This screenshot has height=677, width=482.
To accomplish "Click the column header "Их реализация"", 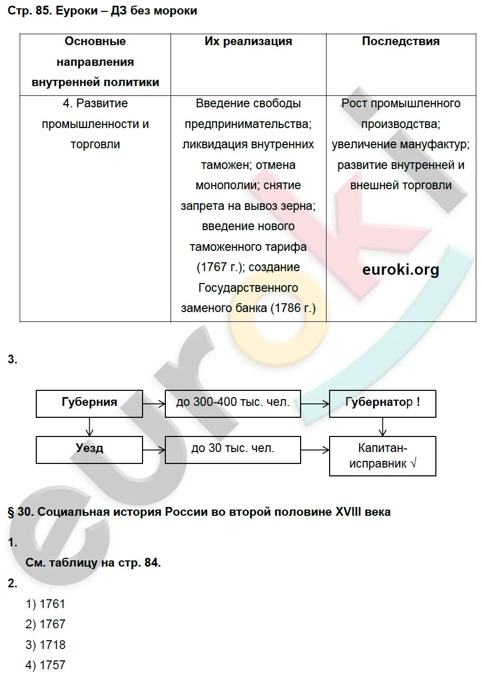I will [248, 41].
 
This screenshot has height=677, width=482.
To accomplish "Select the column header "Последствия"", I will [401, 41].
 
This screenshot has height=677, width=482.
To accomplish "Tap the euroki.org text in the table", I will [401, 270].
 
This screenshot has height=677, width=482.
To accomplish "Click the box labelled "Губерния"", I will [89, 403].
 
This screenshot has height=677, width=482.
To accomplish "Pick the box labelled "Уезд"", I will [89, 449].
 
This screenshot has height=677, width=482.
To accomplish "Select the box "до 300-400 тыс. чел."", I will [233, 403].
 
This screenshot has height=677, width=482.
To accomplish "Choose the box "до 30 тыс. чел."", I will [233, 449].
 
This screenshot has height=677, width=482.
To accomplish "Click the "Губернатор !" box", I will [382, 403].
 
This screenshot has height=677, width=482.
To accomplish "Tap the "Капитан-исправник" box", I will [382, 456].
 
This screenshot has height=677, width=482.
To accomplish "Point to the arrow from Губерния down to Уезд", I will [89, 427].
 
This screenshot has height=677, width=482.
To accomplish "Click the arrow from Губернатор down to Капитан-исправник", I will [382, 427].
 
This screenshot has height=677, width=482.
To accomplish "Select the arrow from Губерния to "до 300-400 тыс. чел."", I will [153, 403].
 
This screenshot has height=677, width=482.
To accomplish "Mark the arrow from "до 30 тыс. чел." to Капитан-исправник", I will [315, 449].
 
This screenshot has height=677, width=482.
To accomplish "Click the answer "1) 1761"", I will [46, 604].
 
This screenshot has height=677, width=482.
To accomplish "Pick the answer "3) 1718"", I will [46, 645].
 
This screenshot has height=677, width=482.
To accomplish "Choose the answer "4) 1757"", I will [46, 665].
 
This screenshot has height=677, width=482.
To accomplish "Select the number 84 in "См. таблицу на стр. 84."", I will [151, 563].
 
